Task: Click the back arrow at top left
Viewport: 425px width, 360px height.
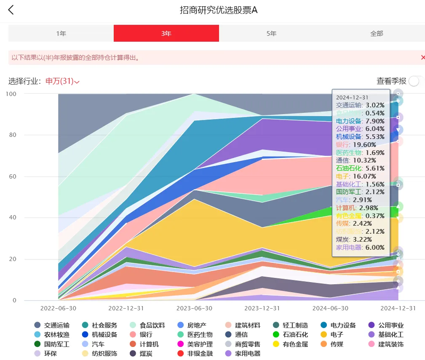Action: pyautogui.click(x=11, y=10)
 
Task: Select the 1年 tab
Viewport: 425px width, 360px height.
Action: pyautogui.click(x=61, y=33)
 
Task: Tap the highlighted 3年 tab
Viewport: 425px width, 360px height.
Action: pyautogui.click(x=166, y=33)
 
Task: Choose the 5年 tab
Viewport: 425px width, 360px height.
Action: pyautogui.click(x=271, y=33)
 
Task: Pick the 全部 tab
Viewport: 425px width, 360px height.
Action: pyautogui.click(x=377, y=33)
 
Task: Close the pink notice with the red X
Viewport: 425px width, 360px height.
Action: pyautogui.click(x=422, y=57)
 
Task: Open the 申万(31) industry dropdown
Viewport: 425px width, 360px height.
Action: pyautogui.click(x=62, y=81)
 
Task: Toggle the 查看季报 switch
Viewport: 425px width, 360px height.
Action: pyautogui.click(x=414, y=81)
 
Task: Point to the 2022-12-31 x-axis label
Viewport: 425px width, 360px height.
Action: pyautogui.click(x=126, y=308)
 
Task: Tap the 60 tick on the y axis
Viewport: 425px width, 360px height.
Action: pyautogui.click(x=11, y=176)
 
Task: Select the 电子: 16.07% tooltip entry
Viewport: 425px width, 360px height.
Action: pyautogui.click(x=354, y=176)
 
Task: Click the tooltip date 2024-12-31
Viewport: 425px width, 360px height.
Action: pyautogui.click(x=352, y=97)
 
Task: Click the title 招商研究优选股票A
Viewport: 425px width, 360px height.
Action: pyautogui.click(x=219, y=10)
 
